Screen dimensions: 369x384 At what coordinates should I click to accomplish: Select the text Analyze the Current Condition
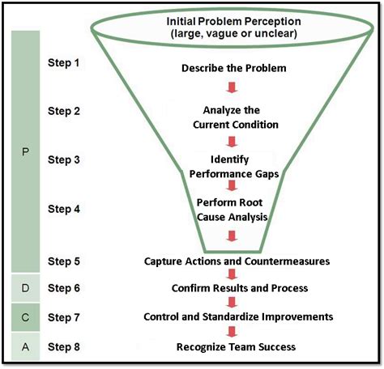(233, 117)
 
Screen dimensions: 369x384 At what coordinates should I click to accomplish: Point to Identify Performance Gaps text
(233, 166)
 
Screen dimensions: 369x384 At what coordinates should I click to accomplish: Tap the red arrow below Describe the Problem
(233, 87)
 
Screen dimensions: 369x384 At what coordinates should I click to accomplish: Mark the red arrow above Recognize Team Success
(233, 332)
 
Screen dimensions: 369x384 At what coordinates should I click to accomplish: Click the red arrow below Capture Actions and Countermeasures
(233, 274)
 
